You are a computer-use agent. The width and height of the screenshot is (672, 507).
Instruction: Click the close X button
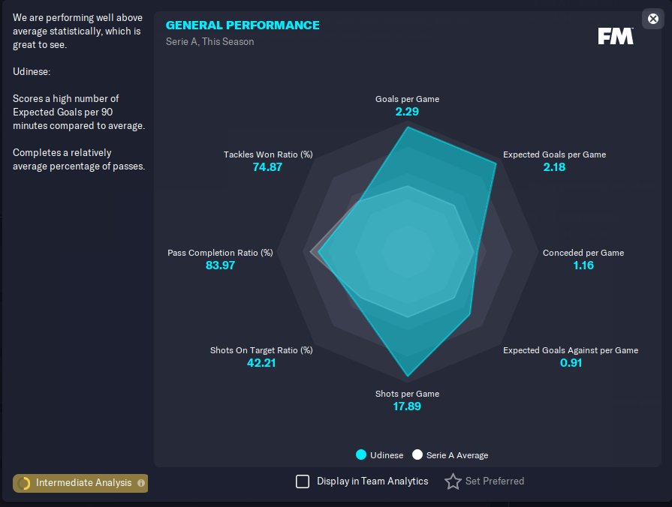point(652,19)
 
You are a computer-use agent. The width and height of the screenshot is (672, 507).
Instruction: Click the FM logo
point(616,36)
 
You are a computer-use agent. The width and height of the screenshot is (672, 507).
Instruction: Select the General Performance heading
point(243,25)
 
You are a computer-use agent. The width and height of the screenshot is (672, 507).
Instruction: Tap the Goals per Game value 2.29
point(407,112)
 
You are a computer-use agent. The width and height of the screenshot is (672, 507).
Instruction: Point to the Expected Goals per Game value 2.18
point(554,167)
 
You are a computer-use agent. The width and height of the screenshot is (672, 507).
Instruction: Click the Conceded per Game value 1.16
point(583,265)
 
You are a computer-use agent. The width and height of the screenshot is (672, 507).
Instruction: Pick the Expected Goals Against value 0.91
point(571,363)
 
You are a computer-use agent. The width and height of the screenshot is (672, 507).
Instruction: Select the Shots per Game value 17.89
point(407,406)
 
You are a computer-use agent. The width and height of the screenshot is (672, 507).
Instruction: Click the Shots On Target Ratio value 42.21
point(261,363)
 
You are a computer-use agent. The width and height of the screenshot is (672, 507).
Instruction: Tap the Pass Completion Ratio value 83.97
point(220,265)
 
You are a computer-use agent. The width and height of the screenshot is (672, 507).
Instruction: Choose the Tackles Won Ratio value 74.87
point(267,167)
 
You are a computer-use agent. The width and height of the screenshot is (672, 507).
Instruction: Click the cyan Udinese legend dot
point(361,454)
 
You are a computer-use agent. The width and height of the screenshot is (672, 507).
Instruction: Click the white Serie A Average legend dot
point(417,454)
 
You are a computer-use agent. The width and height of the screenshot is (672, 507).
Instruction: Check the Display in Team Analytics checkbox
point(303,481)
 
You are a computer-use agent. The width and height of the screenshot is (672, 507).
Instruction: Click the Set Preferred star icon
point(453,481)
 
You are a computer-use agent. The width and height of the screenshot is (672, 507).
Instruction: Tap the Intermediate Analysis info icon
point(141,483)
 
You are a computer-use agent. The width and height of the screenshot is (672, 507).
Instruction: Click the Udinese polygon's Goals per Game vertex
point(408,127)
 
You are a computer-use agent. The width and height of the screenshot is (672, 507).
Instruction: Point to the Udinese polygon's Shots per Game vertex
point(408,376)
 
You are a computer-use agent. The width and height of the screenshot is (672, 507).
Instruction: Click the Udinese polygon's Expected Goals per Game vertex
point(496,163)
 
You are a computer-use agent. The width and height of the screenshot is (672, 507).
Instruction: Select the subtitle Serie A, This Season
point(210,41)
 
